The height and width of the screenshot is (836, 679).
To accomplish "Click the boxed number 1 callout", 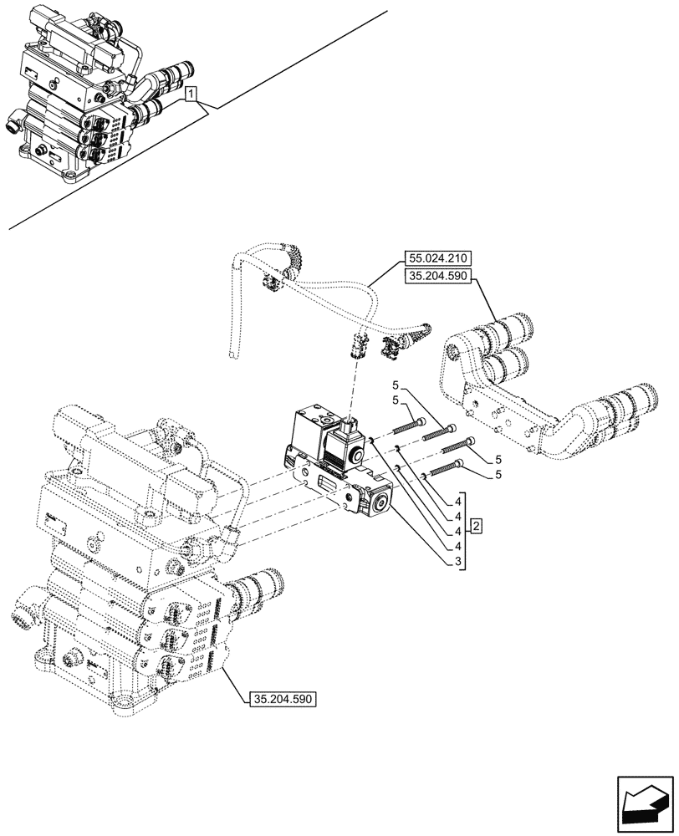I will point(192,94).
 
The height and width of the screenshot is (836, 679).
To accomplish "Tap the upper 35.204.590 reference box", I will point(440,277).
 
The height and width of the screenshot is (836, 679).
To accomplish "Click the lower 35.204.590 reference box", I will point(283,699).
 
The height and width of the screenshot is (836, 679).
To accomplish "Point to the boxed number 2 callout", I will point(475,526).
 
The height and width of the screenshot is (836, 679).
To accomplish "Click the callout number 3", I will point(459,562).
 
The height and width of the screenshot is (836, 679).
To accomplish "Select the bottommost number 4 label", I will point(459,546).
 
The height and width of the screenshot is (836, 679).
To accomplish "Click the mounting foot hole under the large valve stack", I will point(124,699).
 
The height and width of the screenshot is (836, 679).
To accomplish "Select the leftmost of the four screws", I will point(409,426).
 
